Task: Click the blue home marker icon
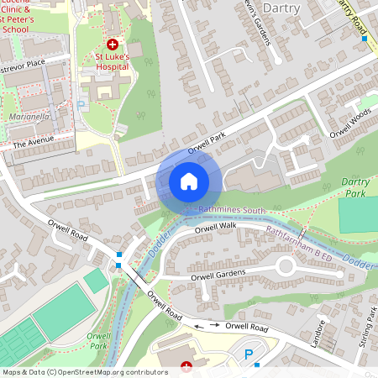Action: tap(189, 181)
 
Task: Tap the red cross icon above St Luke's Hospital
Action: tap(113, 43)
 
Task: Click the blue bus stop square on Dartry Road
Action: tap(364, 38)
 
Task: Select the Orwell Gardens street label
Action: tap(218, 274)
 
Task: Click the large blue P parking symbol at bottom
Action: tap(248, 355)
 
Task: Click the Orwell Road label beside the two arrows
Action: tap(247, 327)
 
